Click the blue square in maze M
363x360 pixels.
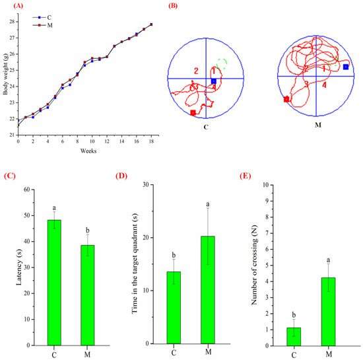coord(346,67)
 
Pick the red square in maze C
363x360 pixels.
coord(193,113)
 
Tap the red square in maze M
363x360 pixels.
coord(286,100)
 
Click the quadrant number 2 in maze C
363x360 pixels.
coord(196,70)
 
